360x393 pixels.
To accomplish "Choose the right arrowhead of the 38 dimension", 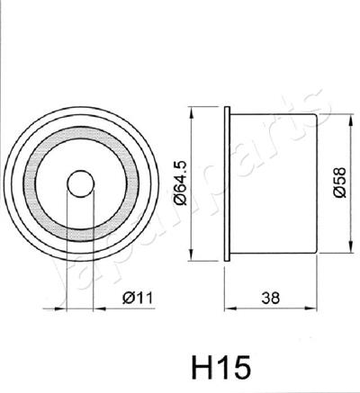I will pos(316,308).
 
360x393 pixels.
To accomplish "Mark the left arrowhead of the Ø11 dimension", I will pos(64,308).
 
